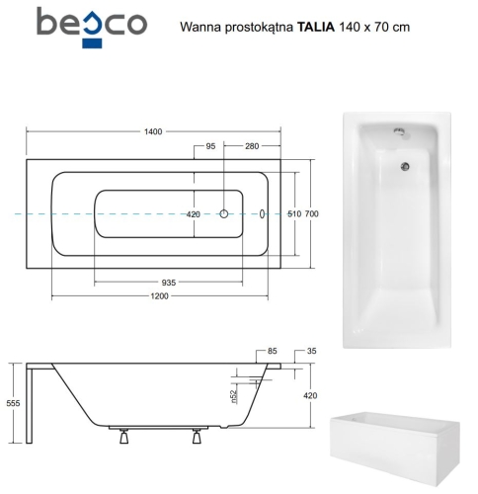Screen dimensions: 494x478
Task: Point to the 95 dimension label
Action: click(210, 147)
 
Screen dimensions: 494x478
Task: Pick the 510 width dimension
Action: click(292, 214)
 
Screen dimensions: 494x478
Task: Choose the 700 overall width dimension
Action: click(311, 214)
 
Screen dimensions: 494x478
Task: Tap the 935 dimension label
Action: click(169, 282)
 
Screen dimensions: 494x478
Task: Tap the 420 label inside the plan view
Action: click(194, 214)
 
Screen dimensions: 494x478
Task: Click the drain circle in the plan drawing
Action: click(224, 213)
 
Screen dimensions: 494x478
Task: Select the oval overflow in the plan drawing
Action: click(262, 213)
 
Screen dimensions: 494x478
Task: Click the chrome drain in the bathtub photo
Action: click(404, 166)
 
